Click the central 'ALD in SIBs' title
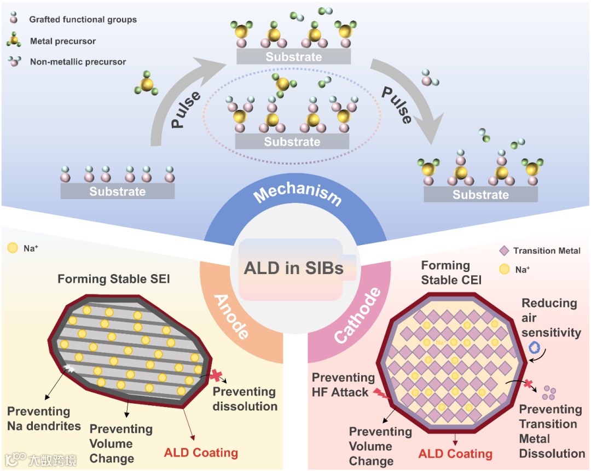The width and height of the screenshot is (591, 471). point(293,269)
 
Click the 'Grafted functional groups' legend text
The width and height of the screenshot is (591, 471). point(83,20)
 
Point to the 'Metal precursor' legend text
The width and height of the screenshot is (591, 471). point(63,41)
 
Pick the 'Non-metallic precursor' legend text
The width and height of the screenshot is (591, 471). point(78,62)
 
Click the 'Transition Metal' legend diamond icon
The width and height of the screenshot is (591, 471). point(504,251)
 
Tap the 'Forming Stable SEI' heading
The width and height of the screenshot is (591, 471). point(114,280)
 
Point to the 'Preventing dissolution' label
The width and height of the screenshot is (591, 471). point(245,399)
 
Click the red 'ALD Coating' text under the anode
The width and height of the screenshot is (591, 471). point(201,453)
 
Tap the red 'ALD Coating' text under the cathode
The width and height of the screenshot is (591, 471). point(455,453)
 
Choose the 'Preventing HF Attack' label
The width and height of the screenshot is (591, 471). point(344,385)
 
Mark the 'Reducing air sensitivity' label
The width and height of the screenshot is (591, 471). point(549,317)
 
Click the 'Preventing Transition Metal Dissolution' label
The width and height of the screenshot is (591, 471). point(551,431)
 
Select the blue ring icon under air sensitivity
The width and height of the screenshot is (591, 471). point(535,347)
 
